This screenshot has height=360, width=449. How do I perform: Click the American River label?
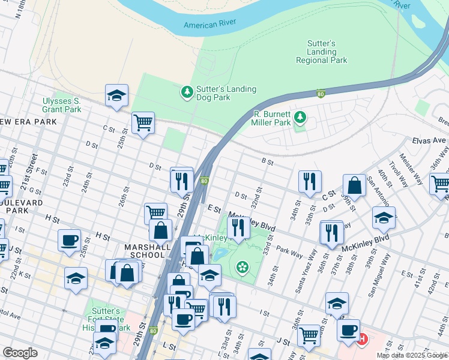point(209,24)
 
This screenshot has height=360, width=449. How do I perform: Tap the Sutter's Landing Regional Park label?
point(321,52)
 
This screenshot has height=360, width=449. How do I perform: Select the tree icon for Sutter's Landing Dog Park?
point(187,92)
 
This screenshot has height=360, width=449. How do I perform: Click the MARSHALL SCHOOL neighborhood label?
point(144,251)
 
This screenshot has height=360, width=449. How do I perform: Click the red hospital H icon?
point(361,339)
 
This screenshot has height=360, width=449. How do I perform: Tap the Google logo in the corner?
point(20,353)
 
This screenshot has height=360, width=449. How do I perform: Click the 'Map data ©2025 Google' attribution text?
point(412,355)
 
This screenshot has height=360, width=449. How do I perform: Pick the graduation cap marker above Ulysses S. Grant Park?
point(116,95)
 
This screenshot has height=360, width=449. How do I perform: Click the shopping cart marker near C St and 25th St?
point(143,123)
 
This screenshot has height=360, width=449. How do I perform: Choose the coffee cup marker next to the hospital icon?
point(348,329)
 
